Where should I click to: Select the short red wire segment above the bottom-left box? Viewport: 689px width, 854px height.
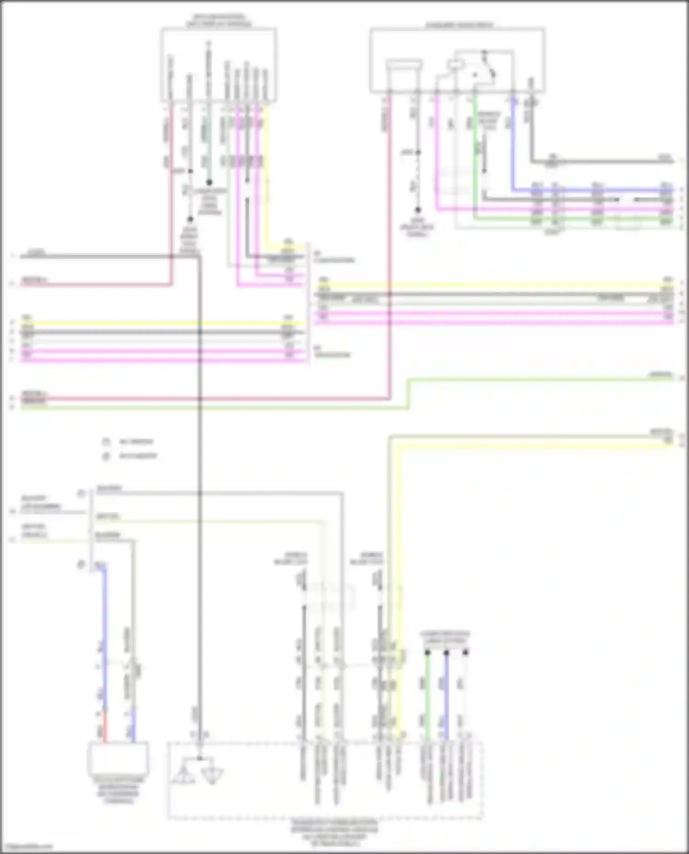coord(105,727)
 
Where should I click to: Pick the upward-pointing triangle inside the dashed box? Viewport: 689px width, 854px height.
coord(184,775)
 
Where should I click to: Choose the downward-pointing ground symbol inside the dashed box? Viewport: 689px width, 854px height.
coord(213,776)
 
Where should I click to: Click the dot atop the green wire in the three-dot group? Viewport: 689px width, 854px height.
coord(427,652)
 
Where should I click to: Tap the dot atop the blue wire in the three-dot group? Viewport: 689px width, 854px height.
coord(446,652)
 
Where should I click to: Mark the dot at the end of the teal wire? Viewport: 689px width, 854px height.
coord(209,183)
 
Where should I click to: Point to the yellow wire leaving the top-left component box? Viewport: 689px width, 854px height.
coord(266,174)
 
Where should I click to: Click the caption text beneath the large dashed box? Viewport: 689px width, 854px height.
coord(334,833)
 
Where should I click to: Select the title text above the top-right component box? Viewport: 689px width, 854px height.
coord(458,25)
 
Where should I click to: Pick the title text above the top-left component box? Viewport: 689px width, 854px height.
coord(219,21)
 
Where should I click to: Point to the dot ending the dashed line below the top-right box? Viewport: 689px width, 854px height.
coord(418,210)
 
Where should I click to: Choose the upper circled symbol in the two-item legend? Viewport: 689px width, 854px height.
coord(106,442)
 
